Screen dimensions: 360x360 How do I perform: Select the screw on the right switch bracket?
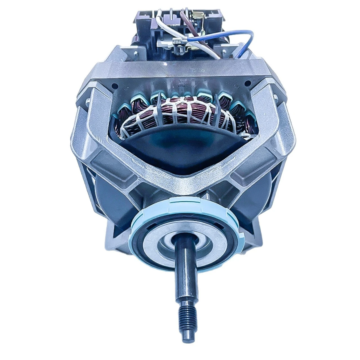coord(224,52)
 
